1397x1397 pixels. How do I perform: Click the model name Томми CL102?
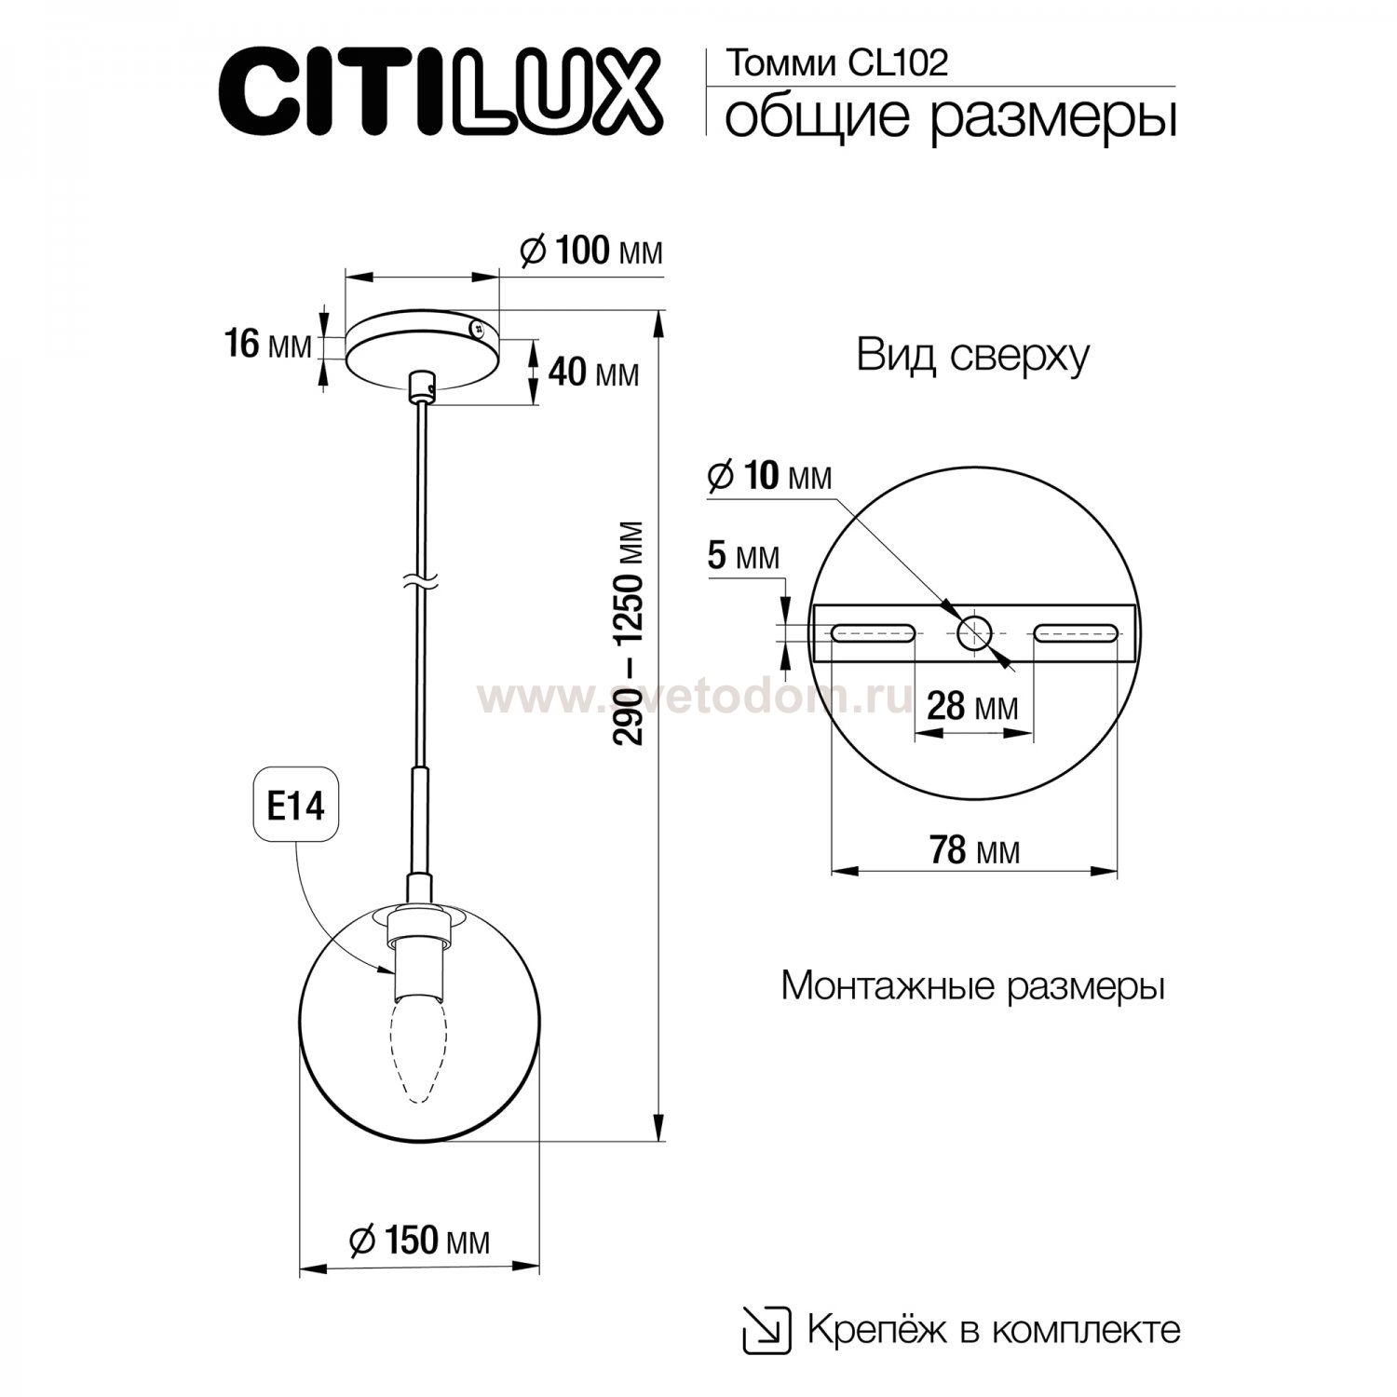point(836,63)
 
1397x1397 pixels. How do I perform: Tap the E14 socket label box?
point(295,806)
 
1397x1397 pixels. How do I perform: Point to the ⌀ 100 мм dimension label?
point(591,251)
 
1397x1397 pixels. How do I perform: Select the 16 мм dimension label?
point(268,345)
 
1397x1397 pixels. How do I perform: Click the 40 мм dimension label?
point(593,373)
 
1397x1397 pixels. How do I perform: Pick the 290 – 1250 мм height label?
point(631,633)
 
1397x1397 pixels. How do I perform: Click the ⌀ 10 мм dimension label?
point(769,476)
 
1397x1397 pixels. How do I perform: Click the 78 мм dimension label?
point(974,849)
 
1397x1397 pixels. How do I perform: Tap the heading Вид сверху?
point(972,357)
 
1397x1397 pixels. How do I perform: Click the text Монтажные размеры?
point(973,985)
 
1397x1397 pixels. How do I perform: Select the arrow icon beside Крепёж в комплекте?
point(766,1329)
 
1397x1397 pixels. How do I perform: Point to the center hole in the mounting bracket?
point(974,633)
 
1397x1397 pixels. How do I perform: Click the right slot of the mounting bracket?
point(1076,633)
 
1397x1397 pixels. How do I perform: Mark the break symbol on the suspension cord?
point(419,582)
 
